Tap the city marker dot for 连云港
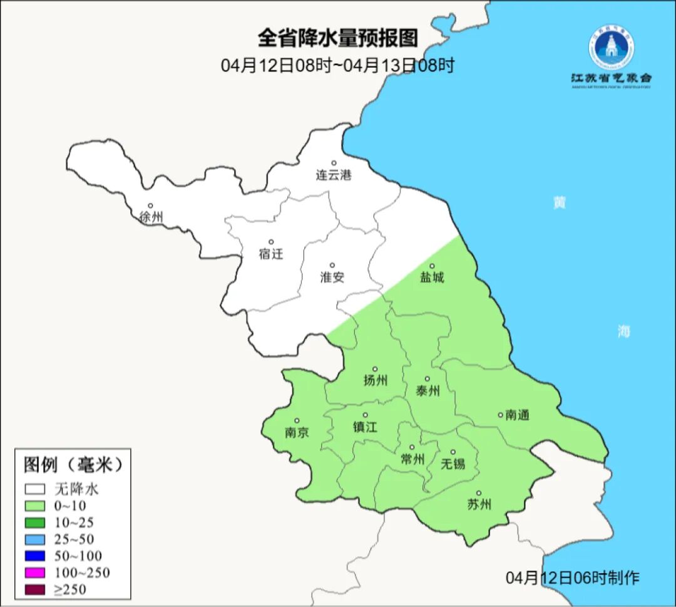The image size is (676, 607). (334, 163)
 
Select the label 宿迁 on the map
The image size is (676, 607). (271, 254)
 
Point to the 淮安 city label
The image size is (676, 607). (332, 278)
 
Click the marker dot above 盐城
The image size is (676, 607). (431, 266)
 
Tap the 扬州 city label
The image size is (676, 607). (376, 381)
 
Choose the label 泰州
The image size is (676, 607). (428, 392)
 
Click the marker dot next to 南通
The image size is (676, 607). (500, 414)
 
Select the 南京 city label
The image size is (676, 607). (297, 433)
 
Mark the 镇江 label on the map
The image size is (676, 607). (366, 427)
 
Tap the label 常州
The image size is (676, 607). (412, 459)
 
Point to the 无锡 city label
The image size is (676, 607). (453, 464)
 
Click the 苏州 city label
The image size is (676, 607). (479, 505)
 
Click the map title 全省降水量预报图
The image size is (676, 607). (337, 39)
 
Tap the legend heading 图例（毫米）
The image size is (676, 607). (72, 465)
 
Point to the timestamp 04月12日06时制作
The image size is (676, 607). (573, 578)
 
